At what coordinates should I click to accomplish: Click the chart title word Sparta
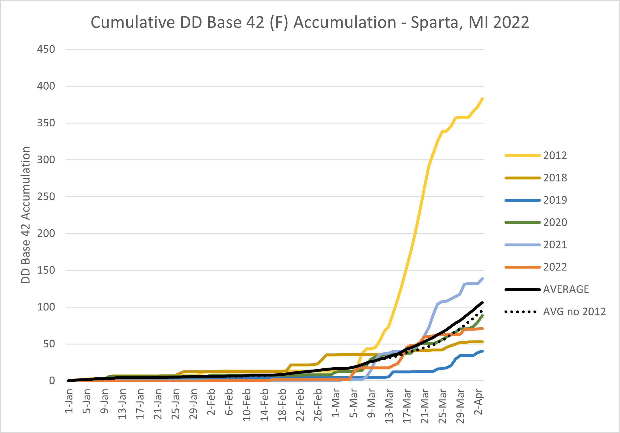(x=434, y=23)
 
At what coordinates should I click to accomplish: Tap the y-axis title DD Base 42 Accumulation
(x=26, y=215)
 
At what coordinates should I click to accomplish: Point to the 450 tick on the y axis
(x=46, y=49)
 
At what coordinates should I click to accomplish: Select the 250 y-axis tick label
(x=46, y=197)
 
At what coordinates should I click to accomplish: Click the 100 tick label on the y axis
(x=46, y=307)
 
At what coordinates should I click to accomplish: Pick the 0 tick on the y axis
(x=52, y=381)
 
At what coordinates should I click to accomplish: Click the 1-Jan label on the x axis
(x=69, y=401)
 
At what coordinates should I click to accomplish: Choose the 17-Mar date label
(x=407, y=406)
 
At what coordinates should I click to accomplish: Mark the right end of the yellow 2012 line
(x=483, y=99)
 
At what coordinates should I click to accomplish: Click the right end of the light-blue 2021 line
(x=483, y=279)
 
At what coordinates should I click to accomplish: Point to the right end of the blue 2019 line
(x=483, y=351)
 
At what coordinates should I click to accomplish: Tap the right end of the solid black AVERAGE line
(x=483, y=303)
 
